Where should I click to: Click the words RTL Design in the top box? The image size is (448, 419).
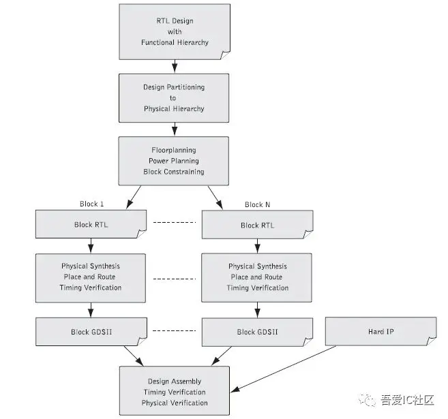pos(175,21)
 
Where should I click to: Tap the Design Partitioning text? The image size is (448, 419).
pos(174,87)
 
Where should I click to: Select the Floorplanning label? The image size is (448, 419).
pos(174,150)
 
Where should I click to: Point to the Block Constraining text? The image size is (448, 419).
pos(174,172)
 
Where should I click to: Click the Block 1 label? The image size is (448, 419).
pos(92,204)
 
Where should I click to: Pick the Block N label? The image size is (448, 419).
pos(258,204)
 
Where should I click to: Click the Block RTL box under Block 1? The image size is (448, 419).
pos(91,224)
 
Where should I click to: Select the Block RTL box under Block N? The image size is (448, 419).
pos(258,225)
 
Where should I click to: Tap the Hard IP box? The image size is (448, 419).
pos(381,331)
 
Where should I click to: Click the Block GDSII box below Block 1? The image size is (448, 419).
pos(91,332)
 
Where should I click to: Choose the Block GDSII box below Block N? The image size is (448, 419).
pos(257,332)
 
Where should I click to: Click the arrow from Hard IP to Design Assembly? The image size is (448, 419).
pos(284,369)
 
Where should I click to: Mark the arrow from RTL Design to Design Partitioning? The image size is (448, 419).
pos(175,66)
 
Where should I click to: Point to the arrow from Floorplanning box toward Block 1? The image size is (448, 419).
pos(134,197)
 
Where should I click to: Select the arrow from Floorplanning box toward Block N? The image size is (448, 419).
pos(215,198)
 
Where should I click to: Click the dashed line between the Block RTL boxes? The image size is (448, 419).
pos(175,222)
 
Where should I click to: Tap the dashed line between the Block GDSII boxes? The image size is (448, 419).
pos(175,331)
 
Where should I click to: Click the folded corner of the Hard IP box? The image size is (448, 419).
pos(431,341)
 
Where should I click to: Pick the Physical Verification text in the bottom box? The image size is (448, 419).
pos(175,403)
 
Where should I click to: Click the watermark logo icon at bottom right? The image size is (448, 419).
pos(367,399)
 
